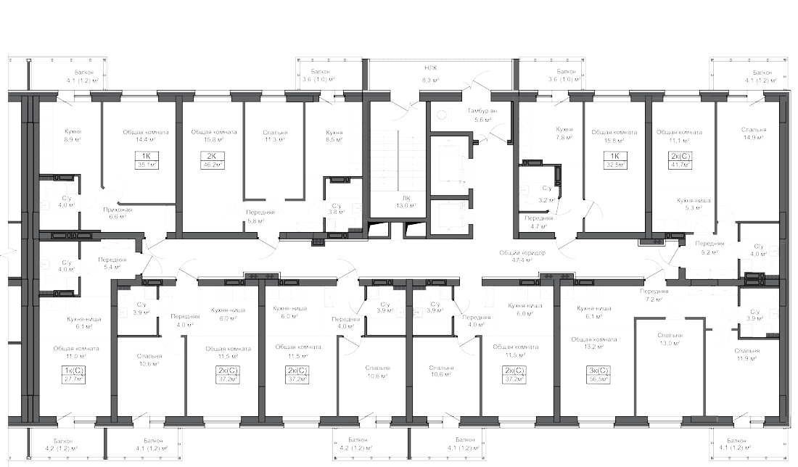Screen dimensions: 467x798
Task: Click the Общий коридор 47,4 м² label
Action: pos(517,255)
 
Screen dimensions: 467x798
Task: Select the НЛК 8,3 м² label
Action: pos(432,75)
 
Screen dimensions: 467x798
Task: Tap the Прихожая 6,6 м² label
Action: pos(117,212)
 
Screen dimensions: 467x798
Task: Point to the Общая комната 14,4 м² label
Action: pos(146,136)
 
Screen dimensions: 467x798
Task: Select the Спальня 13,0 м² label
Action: pos(670,339)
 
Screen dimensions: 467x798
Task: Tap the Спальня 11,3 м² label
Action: pos(275,136)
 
